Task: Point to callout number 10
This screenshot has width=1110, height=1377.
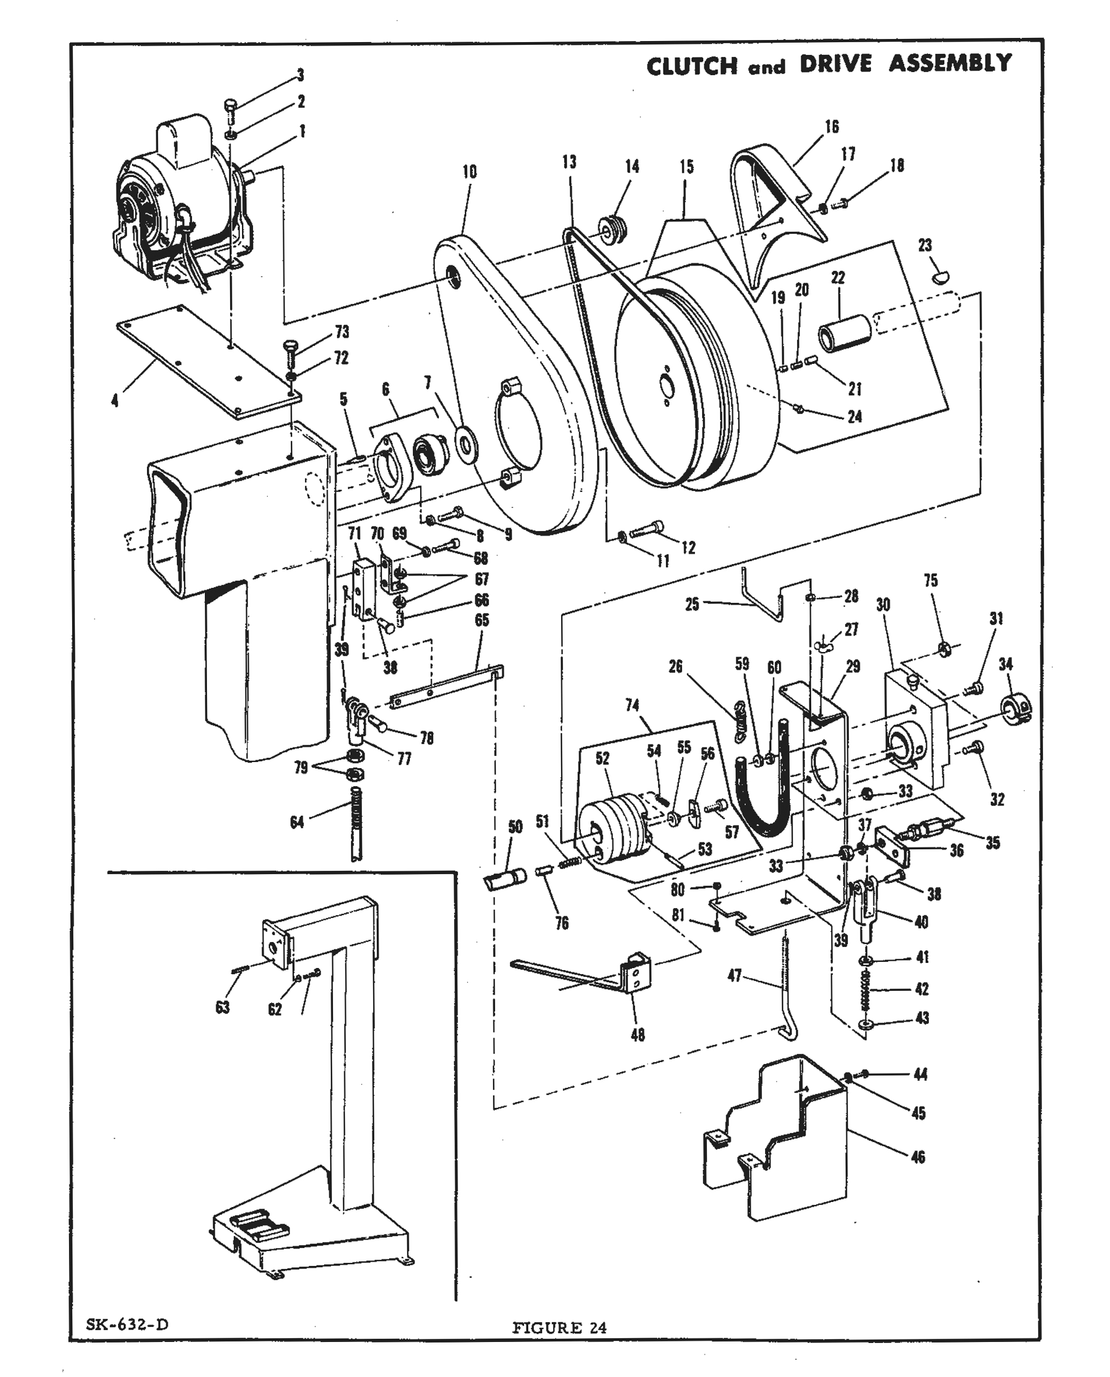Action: coord(469,171)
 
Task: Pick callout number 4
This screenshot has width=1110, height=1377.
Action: coord(115,401)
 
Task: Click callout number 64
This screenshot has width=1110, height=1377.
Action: coord(297,822)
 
